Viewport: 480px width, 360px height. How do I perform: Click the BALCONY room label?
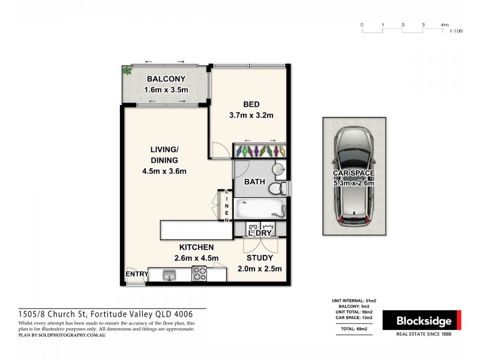coord(166,79)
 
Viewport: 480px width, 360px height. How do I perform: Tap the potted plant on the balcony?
coord(127,70)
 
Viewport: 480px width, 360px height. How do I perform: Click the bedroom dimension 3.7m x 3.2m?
coord(251,115)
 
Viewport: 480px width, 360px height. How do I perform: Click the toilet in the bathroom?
coord(278,190)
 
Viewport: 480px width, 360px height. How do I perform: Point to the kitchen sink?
coord(170,275)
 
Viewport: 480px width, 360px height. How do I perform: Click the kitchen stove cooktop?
coord(199,275)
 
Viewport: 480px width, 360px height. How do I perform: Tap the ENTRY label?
coord(136,275)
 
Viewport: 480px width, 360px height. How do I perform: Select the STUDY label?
coord(259,257)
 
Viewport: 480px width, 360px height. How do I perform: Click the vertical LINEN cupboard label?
coord(227,206)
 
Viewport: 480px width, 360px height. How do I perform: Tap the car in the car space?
coord(354,175)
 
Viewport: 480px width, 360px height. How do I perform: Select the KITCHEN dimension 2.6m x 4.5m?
coord(196,258)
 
